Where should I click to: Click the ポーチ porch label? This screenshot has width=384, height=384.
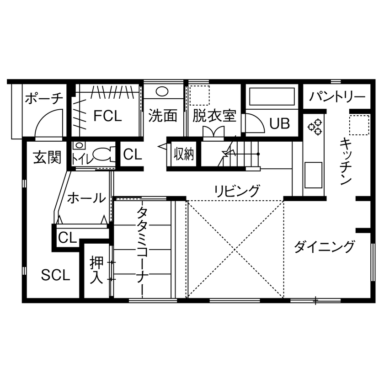(x=43, y=98)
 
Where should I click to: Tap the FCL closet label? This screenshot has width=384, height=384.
(x=108, y=116)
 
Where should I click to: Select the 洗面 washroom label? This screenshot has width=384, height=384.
(x=163, y=116)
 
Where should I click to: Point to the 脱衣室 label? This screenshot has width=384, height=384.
(x=214, y=116)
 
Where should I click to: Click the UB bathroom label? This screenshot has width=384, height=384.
(x=279, y=123)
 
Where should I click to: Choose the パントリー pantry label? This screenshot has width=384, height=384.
(x=337, y=97)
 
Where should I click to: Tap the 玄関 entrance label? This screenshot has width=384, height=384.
(x=47, y=158)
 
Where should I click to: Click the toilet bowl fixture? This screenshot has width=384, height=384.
(x=101, y=155)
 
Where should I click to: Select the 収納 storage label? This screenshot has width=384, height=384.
(x=184, y=155)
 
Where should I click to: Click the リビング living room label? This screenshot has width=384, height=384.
(x=237, y=190)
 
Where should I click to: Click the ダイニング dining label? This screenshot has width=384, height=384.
(x=324, y=247)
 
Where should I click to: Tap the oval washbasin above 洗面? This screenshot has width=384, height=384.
(x=163, y=91)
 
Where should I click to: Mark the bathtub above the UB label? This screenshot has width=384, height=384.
(x=272, y=97)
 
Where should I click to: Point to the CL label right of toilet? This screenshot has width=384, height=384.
(x=133, y=155)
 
